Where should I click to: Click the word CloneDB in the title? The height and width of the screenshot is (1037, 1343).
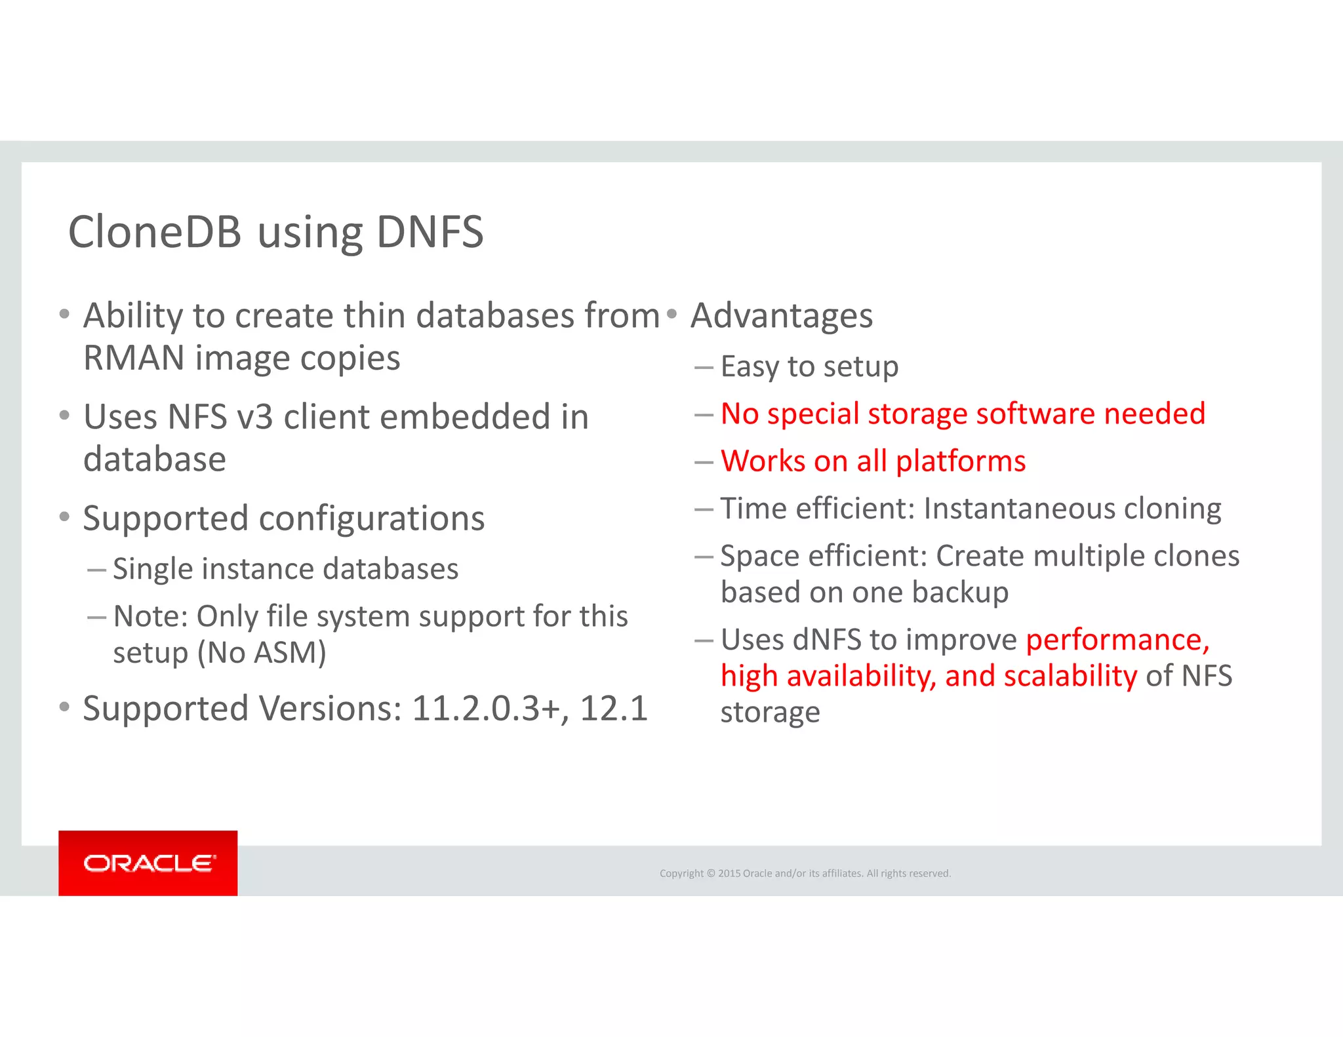tap(155, 232)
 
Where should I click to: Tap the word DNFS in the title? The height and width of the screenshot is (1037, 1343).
tap(430, 232)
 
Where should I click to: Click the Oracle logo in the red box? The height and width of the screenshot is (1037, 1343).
tap(149, 863)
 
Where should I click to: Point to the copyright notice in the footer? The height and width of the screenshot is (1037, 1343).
tap(805, 873)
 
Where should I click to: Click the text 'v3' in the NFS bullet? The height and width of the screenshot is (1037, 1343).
tap(254, 418)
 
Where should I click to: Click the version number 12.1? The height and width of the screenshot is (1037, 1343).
tap(614, 709)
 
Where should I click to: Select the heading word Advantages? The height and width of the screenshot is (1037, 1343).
tap(782, 316)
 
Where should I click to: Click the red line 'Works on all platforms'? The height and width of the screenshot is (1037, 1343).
tap(873, 461)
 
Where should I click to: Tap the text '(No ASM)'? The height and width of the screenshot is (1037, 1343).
tap(262, 653)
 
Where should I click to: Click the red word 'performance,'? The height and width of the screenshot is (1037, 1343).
tap(1117, 640)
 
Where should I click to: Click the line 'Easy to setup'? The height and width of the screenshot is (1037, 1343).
tap(809, 366)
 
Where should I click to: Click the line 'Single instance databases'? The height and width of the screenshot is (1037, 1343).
tap(285, 569)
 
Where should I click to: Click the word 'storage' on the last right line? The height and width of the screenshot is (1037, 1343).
tap(770, 713)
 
